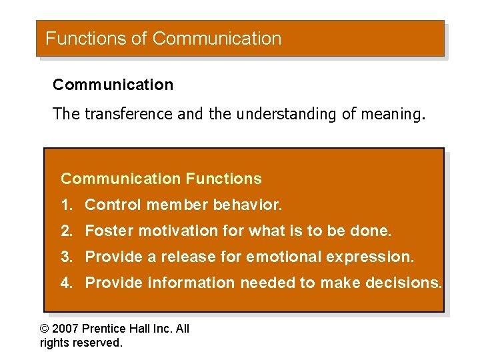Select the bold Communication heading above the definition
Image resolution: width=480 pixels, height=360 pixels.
click(113, 85)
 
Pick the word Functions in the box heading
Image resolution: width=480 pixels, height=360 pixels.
click(223, 179)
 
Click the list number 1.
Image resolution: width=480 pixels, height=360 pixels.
click(65, 205)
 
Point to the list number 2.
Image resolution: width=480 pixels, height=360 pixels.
click(65, 231)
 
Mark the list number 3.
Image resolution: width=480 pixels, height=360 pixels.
click(65, 257)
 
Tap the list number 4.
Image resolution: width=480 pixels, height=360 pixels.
click(65, 283)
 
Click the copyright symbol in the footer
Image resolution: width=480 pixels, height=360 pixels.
click(45, 329)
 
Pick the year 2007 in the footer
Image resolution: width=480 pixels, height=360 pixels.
click(66, 329)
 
